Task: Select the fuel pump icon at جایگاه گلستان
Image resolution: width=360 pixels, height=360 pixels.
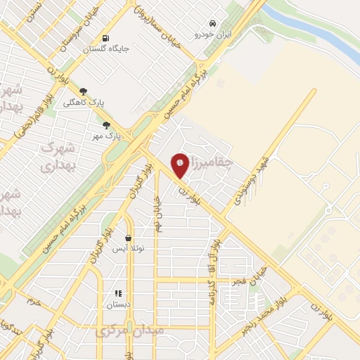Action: (x=105, y=38)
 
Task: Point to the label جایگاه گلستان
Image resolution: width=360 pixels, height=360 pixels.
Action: (x=105, y=49)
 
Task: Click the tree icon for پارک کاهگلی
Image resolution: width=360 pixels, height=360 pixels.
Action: (x=84, y=91)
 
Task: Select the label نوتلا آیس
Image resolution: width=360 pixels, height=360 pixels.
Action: (x=129, y=249)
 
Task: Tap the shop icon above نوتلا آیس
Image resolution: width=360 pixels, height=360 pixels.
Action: (x=128, y=238)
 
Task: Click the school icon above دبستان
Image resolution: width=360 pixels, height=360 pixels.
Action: (x=118, y=293)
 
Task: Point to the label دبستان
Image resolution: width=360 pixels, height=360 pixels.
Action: (x=118, y=304)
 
